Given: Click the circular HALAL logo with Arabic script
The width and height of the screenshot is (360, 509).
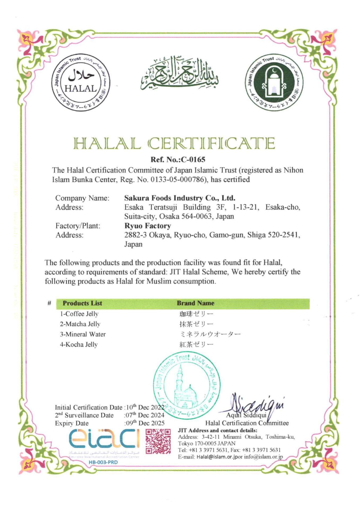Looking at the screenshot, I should coord(81,82).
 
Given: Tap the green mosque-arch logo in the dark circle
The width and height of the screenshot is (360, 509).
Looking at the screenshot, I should coord(274,82).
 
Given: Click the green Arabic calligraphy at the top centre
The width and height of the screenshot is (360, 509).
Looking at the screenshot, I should coord(180,73).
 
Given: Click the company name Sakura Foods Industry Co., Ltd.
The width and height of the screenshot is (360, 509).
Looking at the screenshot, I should coord(180,198).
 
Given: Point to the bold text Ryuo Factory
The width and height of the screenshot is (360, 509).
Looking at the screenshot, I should coord(148,226).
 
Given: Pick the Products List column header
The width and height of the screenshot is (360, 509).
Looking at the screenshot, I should coord(82,303).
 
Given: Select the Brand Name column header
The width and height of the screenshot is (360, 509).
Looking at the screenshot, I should coord(196,303).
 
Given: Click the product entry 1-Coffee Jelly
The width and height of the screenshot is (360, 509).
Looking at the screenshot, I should coord(79,314).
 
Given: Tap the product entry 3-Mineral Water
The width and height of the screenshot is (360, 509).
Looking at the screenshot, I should coord(83,334).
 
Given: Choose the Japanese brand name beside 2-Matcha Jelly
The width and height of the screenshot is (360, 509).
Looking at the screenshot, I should coord(196,324).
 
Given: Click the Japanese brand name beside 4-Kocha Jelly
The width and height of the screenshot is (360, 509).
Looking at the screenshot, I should coord(196,345).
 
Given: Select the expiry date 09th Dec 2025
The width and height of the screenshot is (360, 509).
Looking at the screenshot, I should coord(145,423).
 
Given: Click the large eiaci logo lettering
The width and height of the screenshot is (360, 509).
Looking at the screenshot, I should coord(104,439).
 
